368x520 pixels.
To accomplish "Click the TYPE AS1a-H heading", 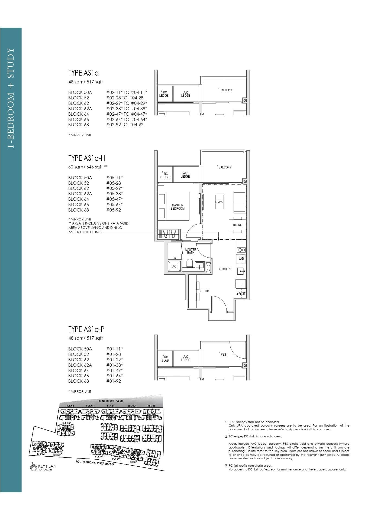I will coord(86,158).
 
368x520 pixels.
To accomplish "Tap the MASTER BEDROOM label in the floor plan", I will coord(177,207).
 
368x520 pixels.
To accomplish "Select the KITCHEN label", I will coord(225,269).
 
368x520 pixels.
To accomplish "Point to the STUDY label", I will coord(205,291).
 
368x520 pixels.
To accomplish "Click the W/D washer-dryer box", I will coord(241,259).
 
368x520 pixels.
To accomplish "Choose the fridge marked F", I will coord(241,284).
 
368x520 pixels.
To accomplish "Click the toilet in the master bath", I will coord(189,263).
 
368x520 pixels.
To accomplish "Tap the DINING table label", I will coord(237,225).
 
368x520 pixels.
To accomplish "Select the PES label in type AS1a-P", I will coord(223,355).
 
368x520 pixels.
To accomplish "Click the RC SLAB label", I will coord(165,359).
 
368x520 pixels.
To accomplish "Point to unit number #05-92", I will coord(114,210).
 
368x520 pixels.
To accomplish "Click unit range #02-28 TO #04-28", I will coord(125,98).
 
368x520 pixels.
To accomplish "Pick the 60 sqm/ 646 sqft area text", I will coord(85,167).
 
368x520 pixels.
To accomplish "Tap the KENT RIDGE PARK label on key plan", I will coord(111,401).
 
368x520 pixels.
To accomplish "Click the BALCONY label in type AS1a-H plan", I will coord(225,167).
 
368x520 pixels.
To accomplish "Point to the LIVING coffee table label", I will coord(219,202).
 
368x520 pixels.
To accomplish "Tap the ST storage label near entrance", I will coord(244,294).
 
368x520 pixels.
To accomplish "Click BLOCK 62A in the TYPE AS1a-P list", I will coord(80,365).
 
